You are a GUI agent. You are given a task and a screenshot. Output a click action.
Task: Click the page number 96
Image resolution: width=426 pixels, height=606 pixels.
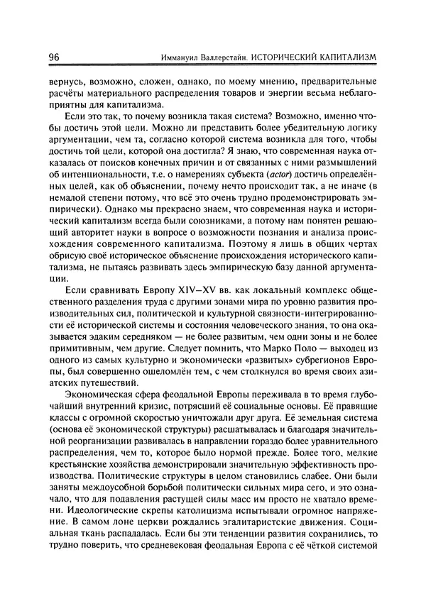54,56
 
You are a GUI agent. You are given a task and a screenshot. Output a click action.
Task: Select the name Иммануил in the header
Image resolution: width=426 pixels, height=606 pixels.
183,57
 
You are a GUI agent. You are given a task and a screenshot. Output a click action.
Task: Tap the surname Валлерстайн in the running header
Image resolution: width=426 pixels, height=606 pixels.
235,57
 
